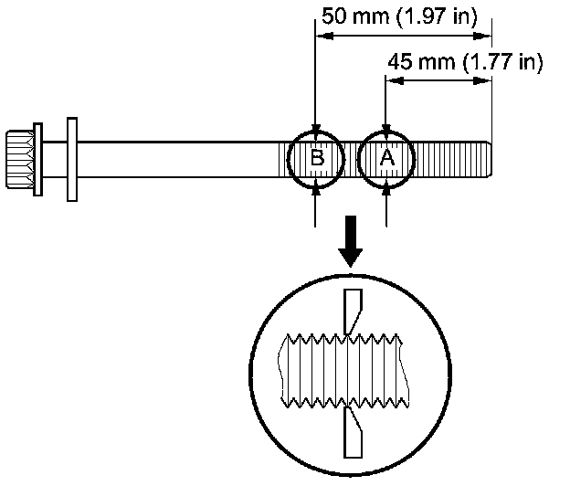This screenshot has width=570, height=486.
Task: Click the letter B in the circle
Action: coord(316,158)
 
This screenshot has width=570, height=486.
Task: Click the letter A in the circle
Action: coord(387,158)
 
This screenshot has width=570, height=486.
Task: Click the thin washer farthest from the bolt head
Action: coord(72,158)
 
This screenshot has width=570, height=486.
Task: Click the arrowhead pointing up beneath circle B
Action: coord(316,185)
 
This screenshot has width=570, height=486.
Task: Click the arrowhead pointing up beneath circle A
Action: coord(387,185)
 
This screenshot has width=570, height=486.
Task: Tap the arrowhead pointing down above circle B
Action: coord(316,130)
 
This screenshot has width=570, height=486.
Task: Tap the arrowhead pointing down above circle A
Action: coord(387,130)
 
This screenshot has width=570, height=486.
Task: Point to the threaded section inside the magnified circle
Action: coord(340,370)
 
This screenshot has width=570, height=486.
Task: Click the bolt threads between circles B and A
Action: coord(352,158)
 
